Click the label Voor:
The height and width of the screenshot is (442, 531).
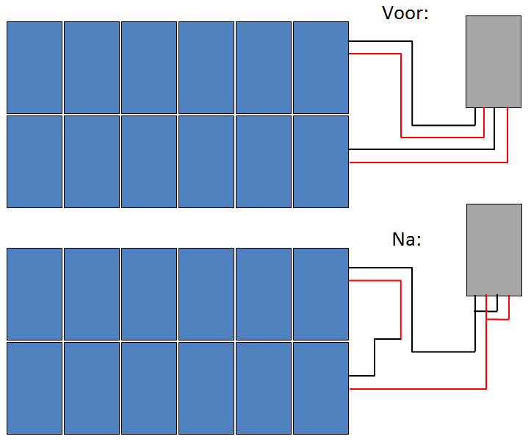(405, 13)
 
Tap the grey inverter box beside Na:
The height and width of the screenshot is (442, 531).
(494, 250)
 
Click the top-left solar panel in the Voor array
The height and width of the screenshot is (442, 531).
(35, 67)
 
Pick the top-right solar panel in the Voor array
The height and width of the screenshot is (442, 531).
(320, 67)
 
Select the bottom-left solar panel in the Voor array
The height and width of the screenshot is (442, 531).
(35, 161)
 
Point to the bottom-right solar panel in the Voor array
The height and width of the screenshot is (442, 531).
(320, 161)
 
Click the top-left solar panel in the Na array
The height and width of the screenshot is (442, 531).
(35, 293)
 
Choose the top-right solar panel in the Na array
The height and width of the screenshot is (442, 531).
(320, 293)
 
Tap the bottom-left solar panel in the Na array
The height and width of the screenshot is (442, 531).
(35, 388)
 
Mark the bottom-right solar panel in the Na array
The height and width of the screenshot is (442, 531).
(320, 388)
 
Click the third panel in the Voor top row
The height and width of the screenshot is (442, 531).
(149, 67)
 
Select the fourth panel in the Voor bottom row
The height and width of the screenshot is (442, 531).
(206, 161)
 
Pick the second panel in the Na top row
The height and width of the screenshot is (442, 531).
(92, 293)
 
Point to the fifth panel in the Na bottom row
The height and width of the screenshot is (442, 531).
(264, 388)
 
